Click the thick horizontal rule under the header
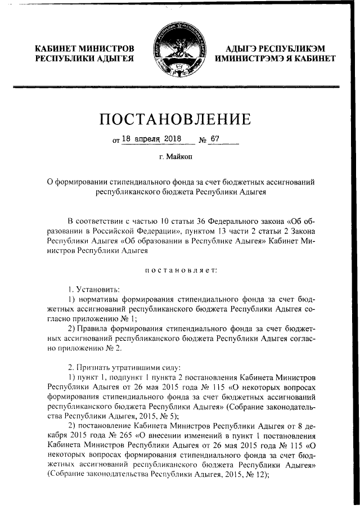[180, 86]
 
